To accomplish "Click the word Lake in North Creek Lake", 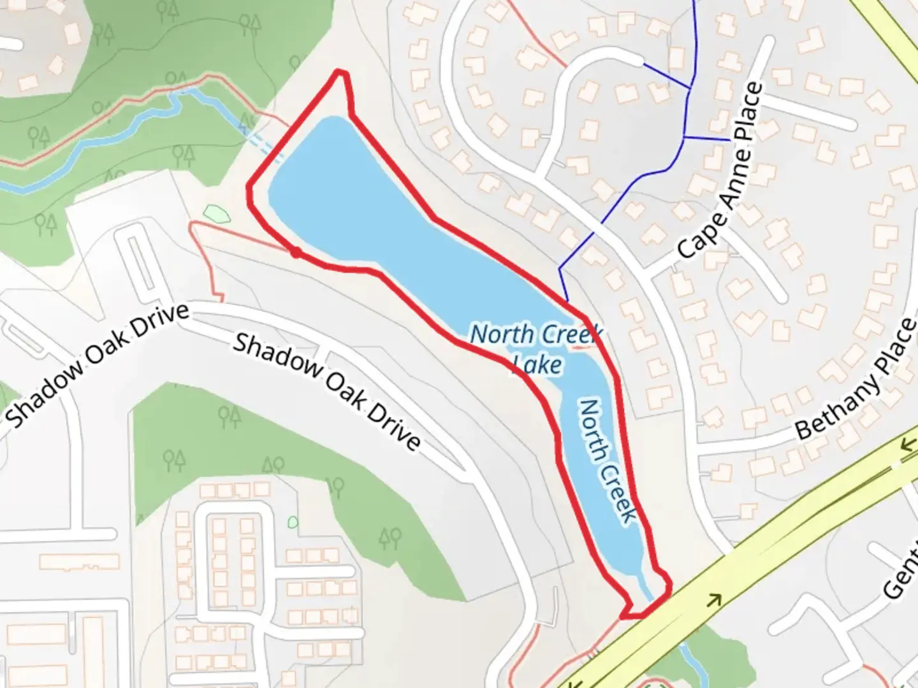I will pos(537,364).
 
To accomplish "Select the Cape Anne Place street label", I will pos(720,171).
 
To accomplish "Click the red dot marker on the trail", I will pos(296,253).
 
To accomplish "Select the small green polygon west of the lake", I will pos(215,213).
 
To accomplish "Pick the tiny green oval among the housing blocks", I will pos(293,522).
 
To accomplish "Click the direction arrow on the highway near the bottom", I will pos(715,599).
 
